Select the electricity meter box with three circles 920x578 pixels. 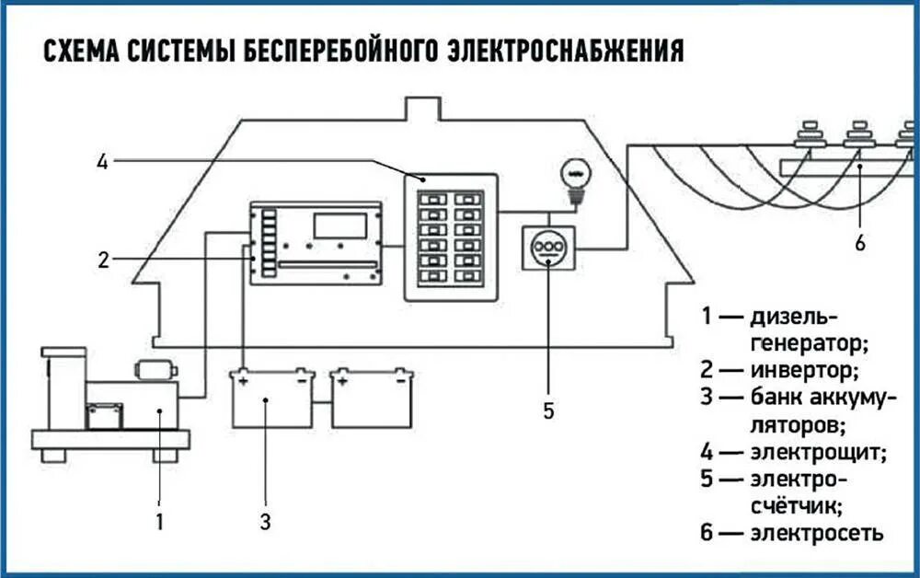coord(549,248)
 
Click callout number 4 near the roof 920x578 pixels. coord(102,163)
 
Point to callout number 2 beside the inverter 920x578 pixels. coord(104,260)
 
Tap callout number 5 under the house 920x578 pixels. coord(548,410)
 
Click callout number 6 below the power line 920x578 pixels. coord(859,242)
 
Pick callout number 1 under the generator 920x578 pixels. coord(159,522)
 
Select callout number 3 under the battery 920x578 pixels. coord(265,522)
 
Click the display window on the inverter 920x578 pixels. coord(339,225)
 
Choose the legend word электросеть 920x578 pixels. coord(817,533)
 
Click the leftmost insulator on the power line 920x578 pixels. coord(810,136)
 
